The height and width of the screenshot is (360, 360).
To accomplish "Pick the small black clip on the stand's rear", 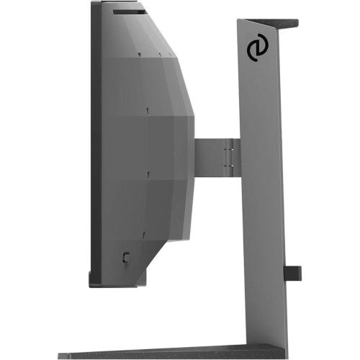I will pos(292,273).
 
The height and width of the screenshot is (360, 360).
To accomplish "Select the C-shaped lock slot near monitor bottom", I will pos(126,256).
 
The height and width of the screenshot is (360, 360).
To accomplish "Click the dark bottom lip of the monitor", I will pos(115,279).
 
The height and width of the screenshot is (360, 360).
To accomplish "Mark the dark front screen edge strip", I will pos(94,144).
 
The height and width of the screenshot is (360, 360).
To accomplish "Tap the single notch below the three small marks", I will pos(147,109).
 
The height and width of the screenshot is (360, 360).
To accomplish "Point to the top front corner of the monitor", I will pos(94,4).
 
